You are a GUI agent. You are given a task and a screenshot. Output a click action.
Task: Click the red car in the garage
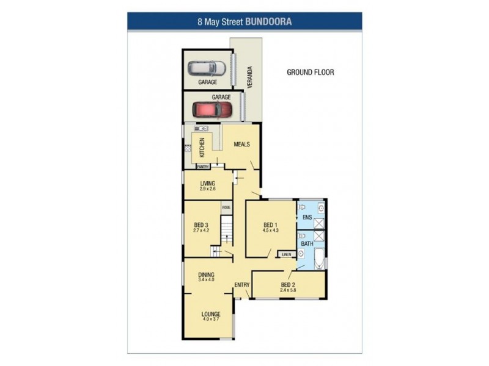(x=212, y=109)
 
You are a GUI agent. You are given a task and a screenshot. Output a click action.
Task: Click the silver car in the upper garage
(x=202, y=68)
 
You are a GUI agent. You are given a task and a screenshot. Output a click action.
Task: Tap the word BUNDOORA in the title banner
(x=268, y=21)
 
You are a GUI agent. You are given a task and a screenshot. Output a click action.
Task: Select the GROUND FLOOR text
(x=311, y=72)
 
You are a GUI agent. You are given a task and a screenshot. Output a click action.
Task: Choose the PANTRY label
(x=204, y=167)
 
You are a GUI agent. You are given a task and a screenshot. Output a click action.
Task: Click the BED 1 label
(x=270, y=224)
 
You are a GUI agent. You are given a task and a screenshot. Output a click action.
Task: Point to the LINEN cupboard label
(x=285, y=254)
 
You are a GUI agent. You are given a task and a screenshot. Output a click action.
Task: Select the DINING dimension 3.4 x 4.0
(x=205, y=280)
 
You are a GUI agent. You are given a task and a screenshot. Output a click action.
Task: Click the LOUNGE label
(x=211, y=314)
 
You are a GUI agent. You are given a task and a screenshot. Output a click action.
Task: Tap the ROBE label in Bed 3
(x=226, y=207)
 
